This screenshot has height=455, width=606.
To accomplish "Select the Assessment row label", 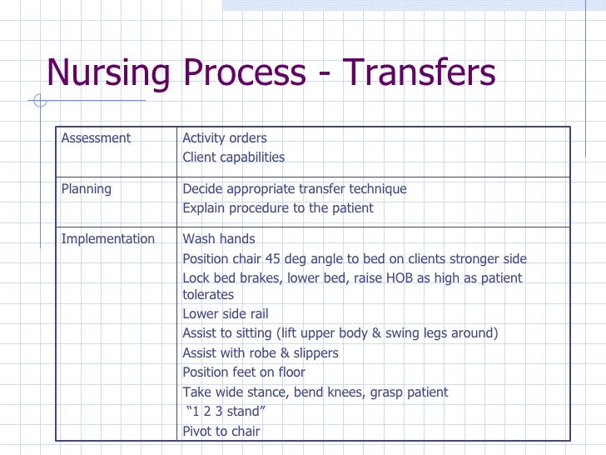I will (x=96, y=138).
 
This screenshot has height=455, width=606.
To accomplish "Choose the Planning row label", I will (x=87, y=189).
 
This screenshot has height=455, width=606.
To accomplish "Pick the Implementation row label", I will (x=108, y=239).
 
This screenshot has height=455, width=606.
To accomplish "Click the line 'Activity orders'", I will (x=225, y=138).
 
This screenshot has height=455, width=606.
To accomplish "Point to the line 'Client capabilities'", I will (x=233, y=157).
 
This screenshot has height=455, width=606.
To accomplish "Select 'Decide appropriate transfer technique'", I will (x=295, y=189).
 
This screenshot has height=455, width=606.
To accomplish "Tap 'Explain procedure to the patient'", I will (x=278, y=208).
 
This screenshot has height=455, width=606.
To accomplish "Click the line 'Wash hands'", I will (x=219, y=239).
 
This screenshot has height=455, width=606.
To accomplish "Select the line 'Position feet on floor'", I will (x=244, y=372).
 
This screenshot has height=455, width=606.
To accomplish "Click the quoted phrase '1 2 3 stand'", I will (x=226, y=412).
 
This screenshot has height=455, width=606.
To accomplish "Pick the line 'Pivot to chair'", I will (x=221, y=432).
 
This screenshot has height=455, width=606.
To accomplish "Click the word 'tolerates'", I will (x=208, y=295).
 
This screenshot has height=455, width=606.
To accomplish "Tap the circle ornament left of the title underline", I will (x=39, y=102).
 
